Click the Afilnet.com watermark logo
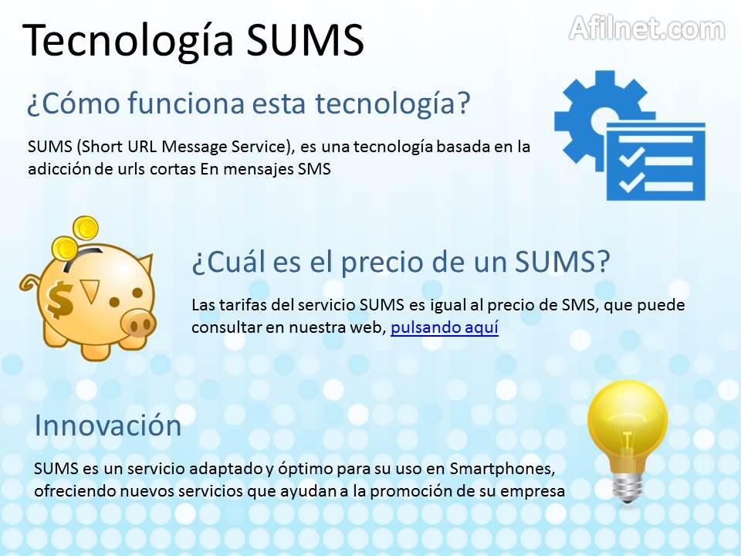(647, 29)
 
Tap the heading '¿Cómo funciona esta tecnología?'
(249, 103)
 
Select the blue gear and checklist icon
(630, 135)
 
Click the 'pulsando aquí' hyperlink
(445, 327)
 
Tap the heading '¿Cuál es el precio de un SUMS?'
(401, 262)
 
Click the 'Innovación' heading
(108, 425)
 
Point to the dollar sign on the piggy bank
(60, 300)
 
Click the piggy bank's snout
(138, 323)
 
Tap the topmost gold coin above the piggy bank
(86, 229)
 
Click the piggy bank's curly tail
(29, 283)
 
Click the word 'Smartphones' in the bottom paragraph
(502, 469)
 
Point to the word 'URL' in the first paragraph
(142, 147)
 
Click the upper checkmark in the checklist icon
(631, 157)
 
